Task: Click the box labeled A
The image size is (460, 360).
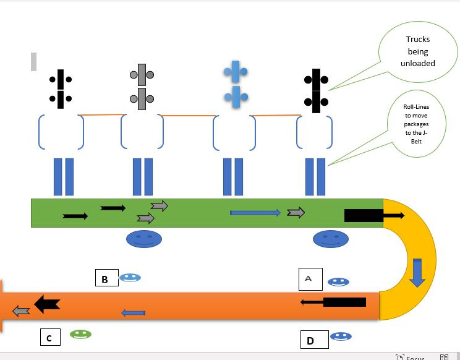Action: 309,280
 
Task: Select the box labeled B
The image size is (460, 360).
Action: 105,279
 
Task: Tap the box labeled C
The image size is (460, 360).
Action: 49,338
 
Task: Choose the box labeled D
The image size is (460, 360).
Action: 311,340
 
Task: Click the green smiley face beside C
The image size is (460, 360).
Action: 80,334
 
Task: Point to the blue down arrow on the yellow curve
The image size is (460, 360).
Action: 417,273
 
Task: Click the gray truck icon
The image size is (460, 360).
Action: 142,85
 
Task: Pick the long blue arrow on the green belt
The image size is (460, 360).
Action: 255,213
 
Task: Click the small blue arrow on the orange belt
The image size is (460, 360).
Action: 134,313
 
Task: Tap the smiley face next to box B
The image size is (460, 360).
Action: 130,278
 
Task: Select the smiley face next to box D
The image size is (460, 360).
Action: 341,336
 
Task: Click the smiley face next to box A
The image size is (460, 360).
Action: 338,282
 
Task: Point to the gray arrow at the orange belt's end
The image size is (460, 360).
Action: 21,311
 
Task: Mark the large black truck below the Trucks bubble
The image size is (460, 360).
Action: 316,88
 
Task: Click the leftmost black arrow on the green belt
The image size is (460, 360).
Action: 75,216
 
